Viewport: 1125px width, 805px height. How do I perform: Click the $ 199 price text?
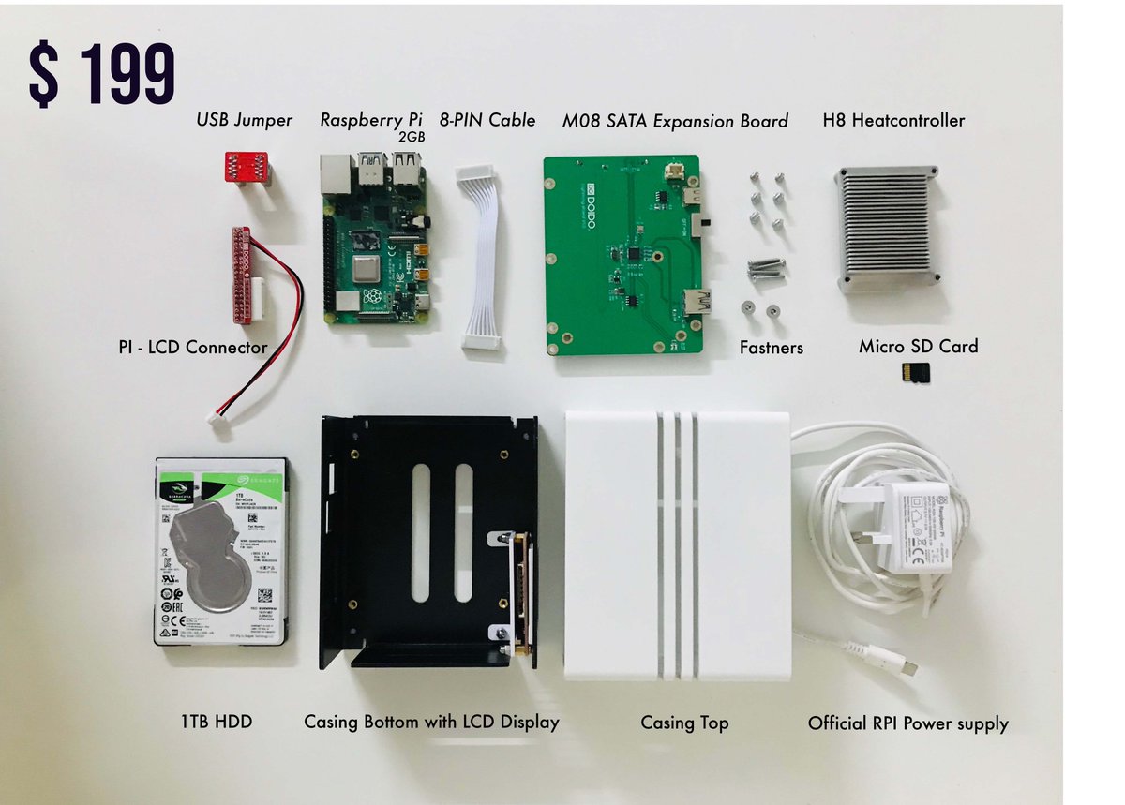(102, 72)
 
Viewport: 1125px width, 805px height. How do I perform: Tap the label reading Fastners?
(772, 348)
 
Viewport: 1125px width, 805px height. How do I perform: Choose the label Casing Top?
(684, 723)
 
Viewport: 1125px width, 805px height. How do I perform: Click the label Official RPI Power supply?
(907, 723)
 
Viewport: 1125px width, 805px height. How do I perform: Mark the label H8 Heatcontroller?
(893, 120)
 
